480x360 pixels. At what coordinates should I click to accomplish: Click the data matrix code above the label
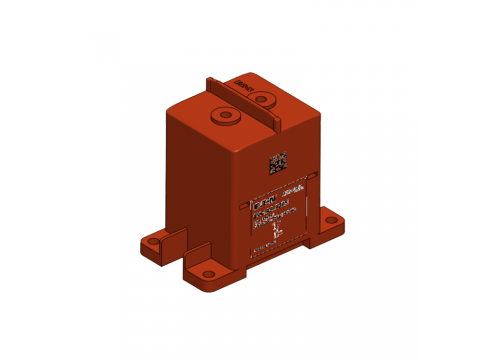[278, 161]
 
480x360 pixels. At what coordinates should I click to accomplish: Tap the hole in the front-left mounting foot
[207, 271]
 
